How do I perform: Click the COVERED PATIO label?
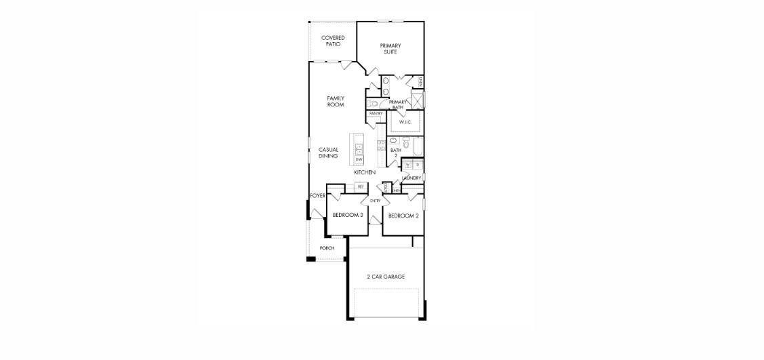point(333,41)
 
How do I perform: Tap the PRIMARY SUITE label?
point(390,49)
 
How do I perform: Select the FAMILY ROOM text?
point(336,102)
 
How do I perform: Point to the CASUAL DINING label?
point(329,153)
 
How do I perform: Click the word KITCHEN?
point(365,173)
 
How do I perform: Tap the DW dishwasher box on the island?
point(359,159)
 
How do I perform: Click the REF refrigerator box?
point(361,186)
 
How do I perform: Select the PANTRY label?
point(376,114)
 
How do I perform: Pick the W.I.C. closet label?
point(405,122)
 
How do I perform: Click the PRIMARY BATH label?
point(397,104)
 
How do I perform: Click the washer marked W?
point(408,165)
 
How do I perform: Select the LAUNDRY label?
point(411,178)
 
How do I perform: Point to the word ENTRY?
point(375,201)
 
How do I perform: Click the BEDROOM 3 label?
point(347,216)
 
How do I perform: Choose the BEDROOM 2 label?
point(403,216)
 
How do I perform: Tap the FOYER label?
point(318,196)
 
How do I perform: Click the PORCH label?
point(327,248)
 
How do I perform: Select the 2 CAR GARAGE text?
point(386,277)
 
